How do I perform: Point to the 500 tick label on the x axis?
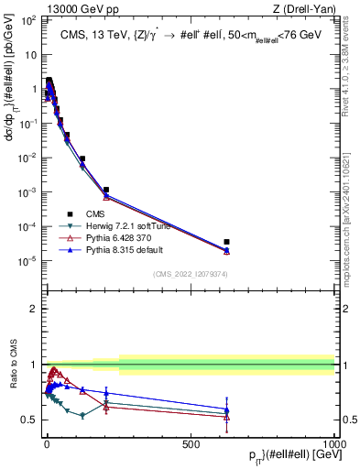pos(191,444)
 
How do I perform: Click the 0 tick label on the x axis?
pos(47,444)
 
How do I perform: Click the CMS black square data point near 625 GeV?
pos(226,242)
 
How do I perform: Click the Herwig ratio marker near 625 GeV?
pos(226,413)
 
